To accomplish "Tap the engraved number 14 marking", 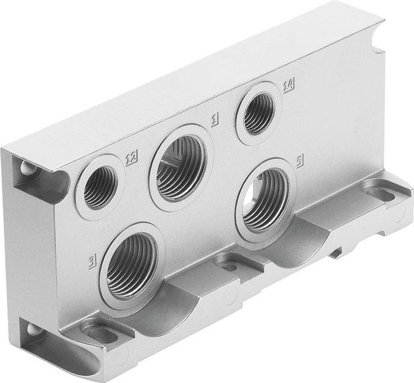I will point(289,86).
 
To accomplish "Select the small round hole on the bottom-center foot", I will point(230,267).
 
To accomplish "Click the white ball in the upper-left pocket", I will point(26,168).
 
